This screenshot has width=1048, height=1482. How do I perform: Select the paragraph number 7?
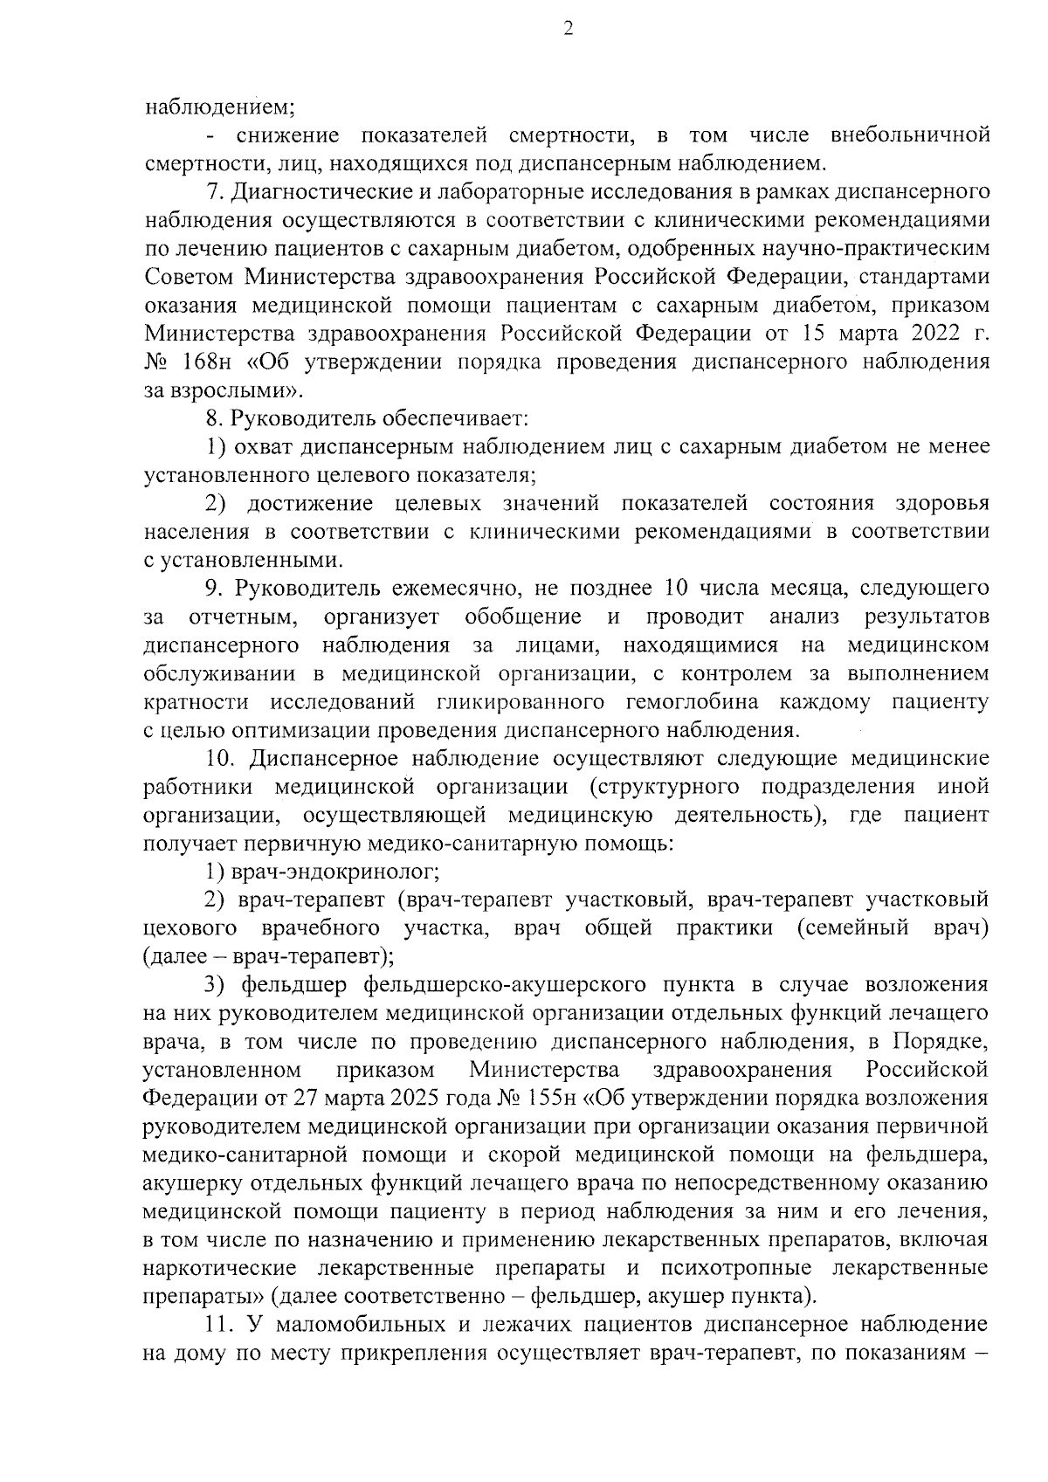[x=212, y=192]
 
